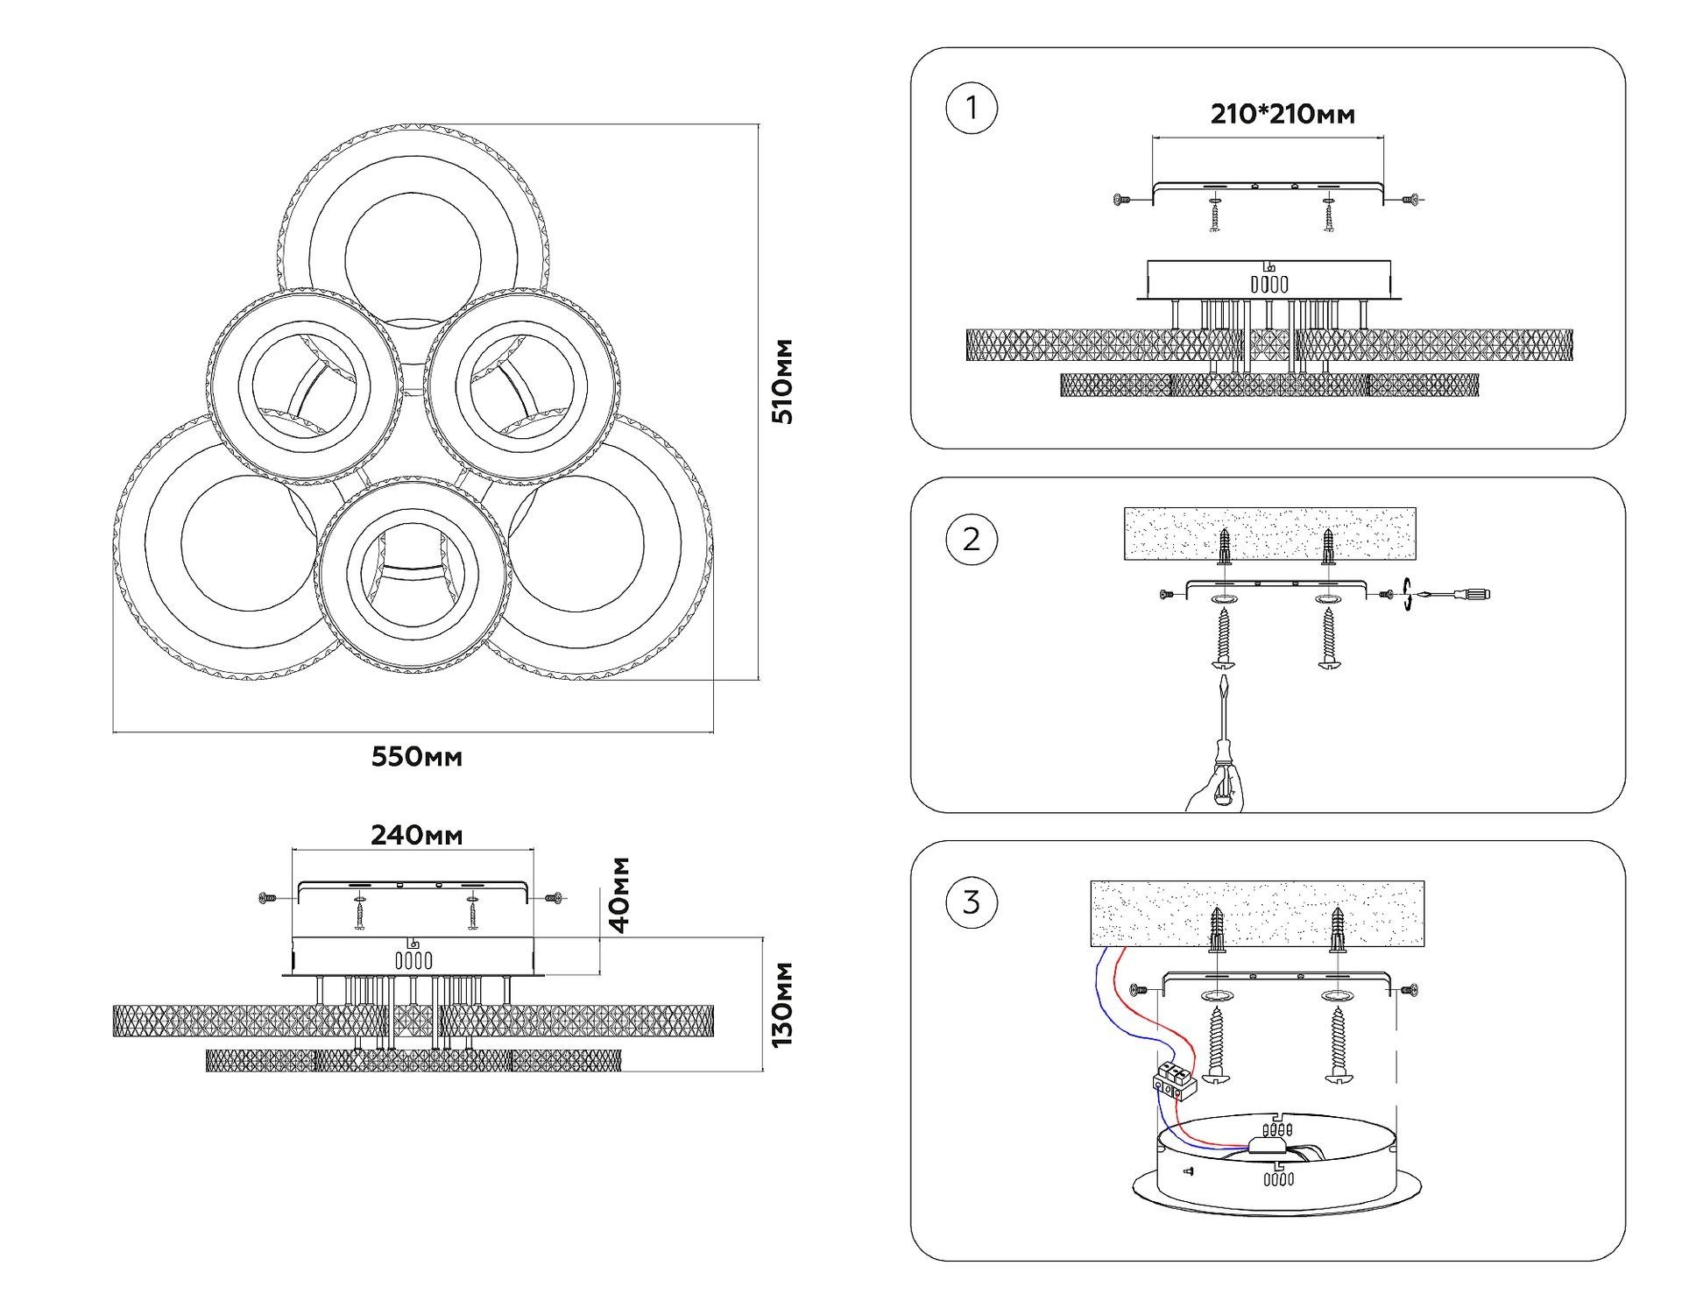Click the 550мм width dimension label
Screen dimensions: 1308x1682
click(x=416, y=757)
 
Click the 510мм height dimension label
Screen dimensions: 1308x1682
click(x=782, y=381)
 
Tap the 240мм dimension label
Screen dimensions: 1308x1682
click(x=416, y=835)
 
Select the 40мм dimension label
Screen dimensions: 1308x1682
click(x=619, y=894)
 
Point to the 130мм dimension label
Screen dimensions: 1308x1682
click(x=782, y=1005)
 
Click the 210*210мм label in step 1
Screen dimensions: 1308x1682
click(x=1283, y=114)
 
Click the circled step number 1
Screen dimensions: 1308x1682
click(x=972, y=108)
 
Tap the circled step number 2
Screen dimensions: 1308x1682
click(x=972, y=539)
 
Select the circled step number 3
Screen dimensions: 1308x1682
click(x=972, y=902)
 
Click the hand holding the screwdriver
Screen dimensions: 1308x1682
click(x=1218, y=788)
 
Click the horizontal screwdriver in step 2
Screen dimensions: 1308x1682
click(x=1454, y=595)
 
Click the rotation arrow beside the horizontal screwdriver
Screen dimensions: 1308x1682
click(x=1407, y=594)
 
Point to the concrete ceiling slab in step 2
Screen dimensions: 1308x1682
click(x=1269, y=533)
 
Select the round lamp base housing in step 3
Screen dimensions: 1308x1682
click(x=1276, y=1165)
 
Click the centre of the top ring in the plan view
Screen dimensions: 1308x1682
click(x=413, y=259)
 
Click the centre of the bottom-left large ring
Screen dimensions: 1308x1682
click(x=249, y=543)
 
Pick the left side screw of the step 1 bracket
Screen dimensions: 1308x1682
click(x=1122, y=200)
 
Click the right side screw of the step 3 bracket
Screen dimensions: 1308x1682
click(x=1409, y=990)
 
